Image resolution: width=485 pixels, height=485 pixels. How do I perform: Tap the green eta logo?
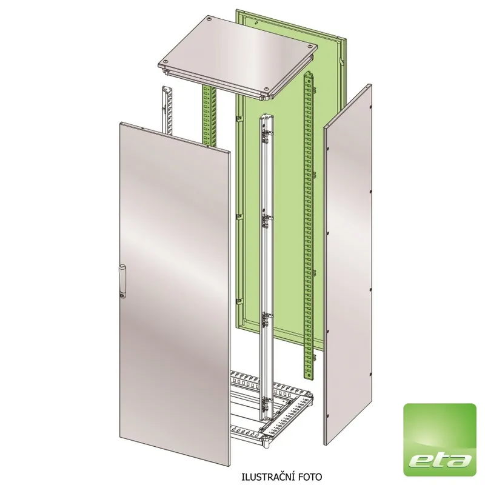click(440, 440)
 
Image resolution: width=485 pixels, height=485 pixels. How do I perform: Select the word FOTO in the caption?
click(310, 477)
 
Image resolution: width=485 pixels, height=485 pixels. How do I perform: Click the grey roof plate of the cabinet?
click(238, 57)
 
